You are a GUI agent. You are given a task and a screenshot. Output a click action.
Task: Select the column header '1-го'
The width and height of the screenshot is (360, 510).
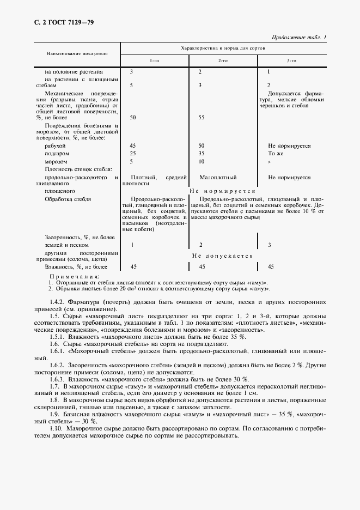(x=155, y=60)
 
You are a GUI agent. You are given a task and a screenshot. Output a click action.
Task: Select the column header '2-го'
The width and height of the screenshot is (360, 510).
(x=222, y=60)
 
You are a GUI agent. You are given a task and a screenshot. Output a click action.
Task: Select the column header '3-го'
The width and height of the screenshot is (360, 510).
(x=292, y=60)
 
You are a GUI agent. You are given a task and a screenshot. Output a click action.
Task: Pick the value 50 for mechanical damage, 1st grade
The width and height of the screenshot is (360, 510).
(x=134, y=117)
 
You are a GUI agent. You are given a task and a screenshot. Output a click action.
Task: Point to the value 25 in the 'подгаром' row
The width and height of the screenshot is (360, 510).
(x=134, y=154)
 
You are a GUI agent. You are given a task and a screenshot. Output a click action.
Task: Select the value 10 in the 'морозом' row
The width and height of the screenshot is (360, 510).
(x=202, y=162)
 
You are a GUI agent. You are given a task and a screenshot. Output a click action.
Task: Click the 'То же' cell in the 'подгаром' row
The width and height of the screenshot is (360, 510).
(x=275, y=154)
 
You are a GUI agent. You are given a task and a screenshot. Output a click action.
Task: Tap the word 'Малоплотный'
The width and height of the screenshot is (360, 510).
(x=218, y=178)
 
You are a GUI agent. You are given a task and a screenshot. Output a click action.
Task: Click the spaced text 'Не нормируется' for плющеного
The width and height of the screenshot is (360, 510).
(x=222, y=192)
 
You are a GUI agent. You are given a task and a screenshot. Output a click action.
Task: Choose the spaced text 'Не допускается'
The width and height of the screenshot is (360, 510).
(x=222, y=256)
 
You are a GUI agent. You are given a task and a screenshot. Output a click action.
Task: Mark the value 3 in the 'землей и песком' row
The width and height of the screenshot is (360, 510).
(x=270, y=245)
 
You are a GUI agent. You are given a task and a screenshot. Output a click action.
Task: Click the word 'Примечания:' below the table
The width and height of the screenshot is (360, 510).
(x=71, y=277)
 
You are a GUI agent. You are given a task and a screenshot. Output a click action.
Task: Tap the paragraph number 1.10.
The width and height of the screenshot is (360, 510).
(x=58, y=429)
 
